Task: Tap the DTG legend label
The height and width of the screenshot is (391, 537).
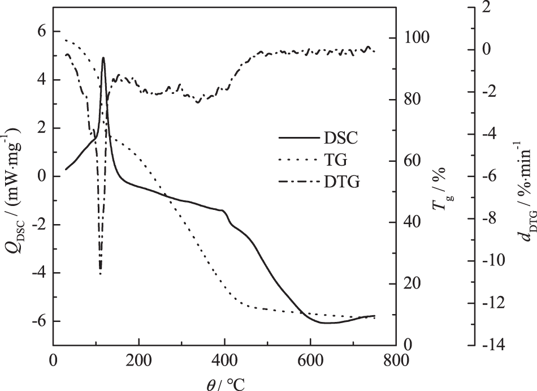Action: point(342,182)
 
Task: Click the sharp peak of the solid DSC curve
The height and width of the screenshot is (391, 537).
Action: point(103,58)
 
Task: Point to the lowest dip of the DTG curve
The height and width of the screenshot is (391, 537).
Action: point(100,274)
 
